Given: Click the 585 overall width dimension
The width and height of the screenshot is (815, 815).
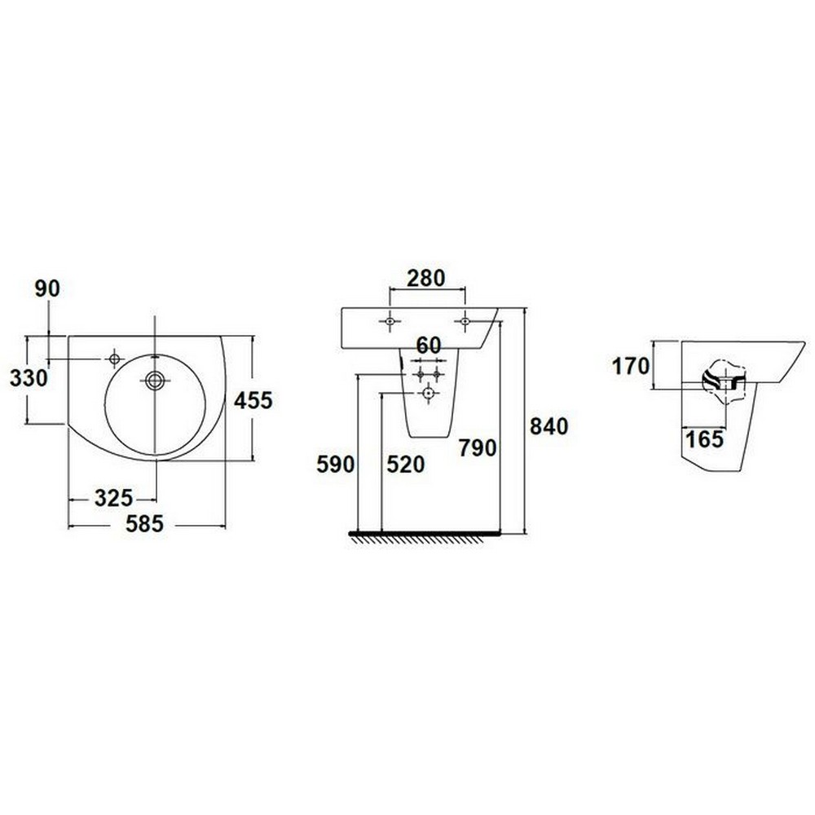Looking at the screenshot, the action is point(144,523).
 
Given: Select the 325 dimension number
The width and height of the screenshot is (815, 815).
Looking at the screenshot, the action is point(114,499).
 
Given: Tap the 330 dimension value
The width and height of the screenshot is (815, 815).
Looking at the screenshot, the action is point(29,378).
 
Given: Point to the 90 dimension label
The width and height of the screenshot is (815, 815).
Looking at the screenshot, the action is point(47,289).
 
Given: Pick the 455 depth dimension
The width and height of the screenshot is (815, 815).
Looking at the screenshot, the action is point(253,400).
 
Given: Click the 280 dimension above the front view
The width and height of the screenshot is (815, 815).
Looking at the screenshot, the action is point(426,279).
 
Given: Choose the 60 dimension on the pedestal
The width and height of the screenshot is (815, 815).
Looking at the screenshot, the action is point(429,345).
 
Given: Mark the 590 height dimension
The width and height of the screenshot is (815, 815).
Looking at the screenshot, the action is point(336,465).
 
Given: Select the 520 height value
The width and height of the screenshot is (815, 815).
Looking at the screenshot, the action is point(405,465).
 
